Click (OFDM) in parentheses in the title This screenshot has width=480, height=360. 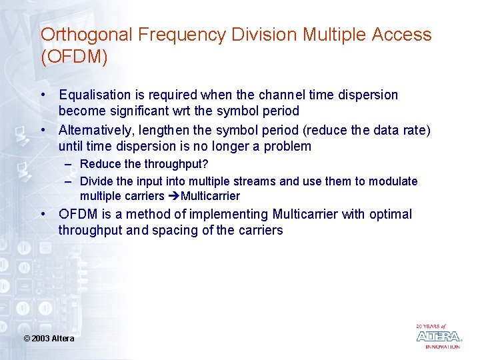(x=74, y=57)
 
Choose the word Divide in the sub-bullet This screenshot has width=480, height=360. (x=96, y=181)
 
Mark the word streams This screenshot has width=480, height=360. (x=256, y=181)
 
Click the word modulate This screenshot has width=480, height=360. (x=393, y=181)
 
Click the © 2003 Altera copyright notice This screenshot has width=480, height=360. (x=49, y=339)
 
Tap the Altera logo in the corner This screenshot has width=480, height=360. (x=438, y=336)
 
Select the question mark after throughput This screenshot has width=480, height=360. (x=205, y=164)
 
